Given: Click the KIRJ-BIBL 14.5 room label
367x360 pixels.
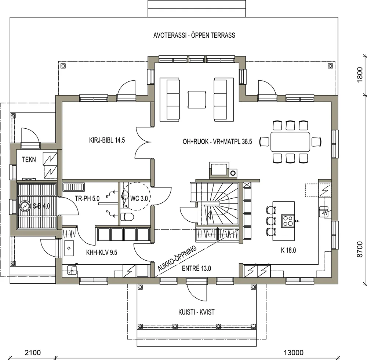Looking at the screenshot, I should pos(105,140).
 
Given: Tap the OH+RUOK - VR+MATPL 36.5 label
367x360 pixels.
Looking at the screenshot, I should pos(217,142).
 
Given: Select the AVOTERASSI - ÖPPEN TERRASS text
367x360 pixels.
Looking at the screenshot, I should pos(194,36).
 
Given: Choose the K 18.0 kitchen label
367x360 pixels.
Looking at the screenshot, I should pos(288,251).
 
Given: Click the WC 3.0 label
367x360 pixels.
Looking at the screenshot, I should pos(139,198).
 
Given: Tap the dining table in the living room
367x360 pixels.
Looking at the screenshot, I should pos(290,142).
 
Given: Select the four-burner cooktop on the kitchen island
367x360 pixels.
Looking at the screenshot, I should pos(288,221).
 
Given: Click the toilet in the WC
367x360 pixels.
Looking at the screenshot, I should pos(127,217).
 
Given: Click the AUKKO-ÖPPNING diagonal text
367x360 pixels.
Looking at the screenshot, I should pos(178,260).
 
